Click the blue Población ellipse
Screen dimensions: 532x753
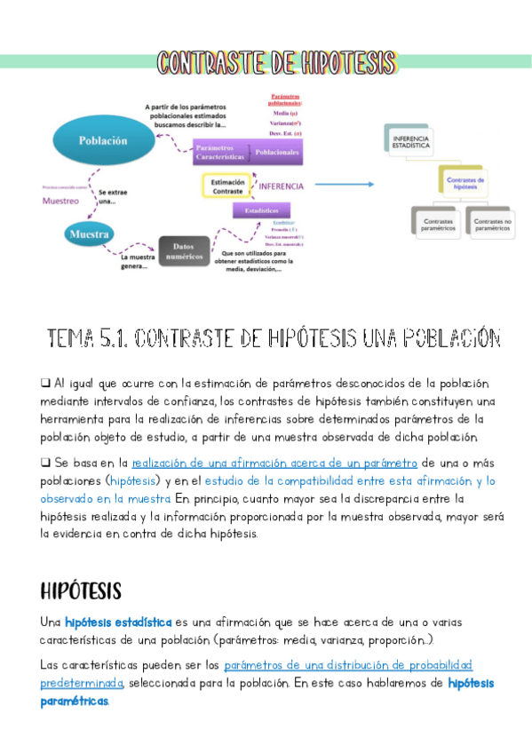click(x=103, y=139)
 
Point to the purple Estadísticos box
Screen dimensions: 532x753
click(x=261, y=210)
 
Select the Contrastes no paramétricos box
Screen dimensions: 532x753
click(x=492, y=222)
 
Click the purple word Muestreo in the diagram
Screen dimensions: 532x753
click(x=60, y=201)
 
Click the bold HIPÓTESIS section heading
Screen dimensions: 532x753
click(x=81, y=591)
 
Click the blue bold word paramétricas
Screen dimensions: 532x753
click(x=75, y=701)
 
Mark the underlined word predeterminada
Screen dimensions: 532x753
click(x=81, y=683)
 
